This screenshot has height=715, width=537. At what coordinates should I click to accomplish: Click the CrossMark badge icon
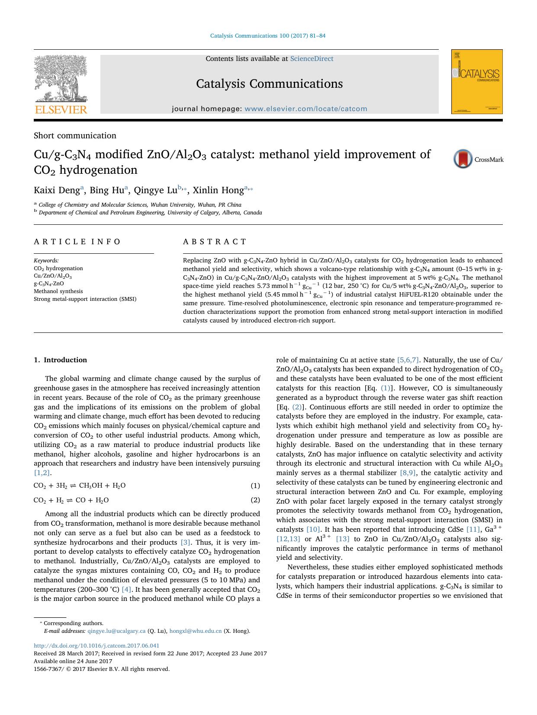463,159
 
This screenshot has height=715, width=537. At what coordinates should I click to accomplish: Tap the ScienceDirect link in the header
312,59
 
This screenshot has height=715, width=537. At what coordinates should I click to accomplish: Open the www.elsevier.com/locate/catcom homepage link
305,109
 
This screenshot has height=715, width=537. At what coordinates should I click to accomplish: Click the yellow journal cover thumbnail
477,81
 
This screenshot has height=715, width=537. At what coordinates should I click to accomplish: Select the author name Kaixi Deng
57,190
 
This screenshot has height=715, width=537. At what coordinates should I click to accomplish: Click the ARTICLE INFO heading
77,242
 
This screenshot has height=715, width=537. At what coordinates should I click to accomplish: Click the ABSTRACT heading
215,242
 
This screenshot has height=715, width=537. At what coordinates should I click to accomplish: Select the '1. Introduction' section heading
60,360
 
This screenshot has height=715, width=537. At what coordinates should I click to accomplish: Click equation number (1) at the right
255,485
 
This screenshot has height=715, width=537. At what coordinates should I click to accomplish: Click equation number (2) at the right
255,500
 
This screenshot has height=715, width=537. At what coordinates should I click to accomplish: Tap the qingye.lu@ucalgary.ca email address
116,631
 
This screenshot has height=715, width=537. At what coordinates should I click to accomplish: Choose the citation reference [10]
313,530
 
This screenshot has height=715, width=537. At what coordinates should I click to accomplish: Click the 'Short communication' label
75,135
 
